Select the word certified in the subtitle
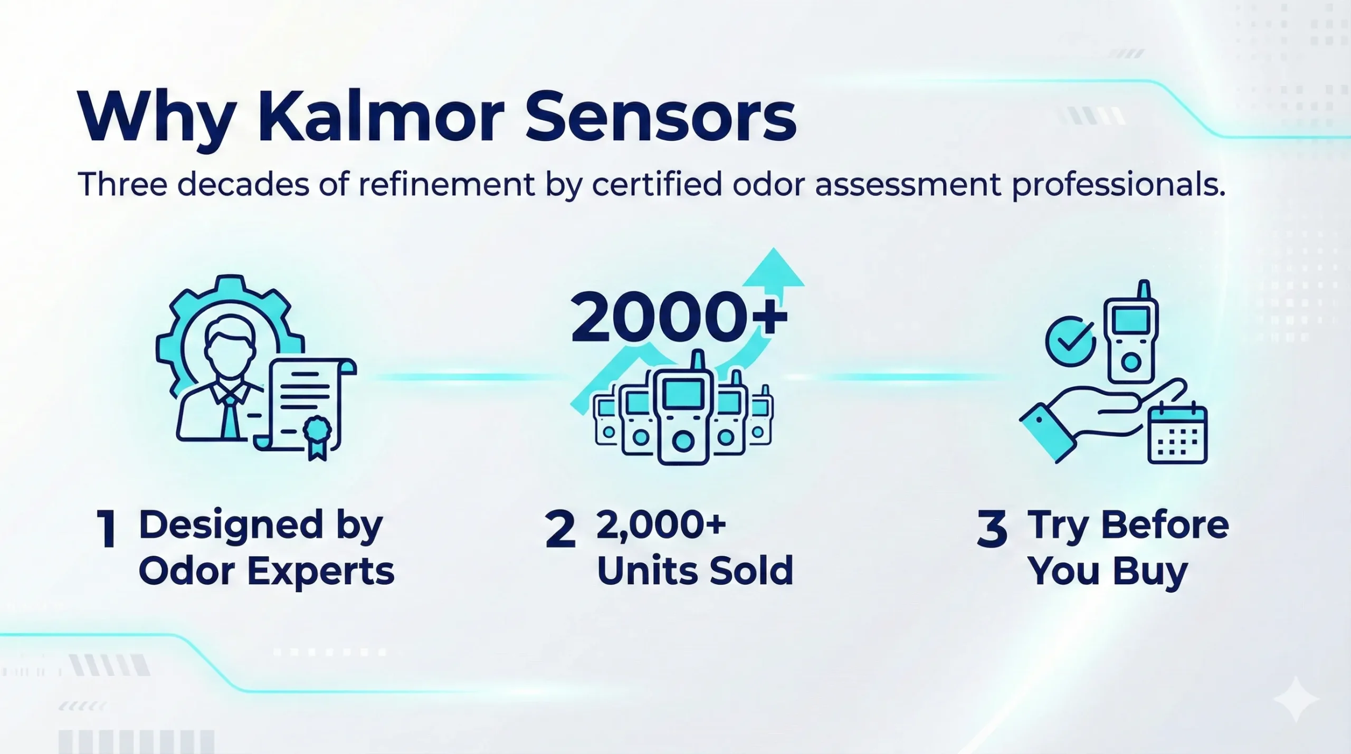(x=657, y=185)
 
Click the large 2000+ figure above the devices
(x=679, y=318)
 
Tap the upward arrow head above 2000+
(x=774, y=269)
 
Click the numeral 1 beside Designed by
(x=108, y=529)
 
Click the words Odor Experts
(x=267, y=571)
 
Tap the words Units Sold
(x=695, y=571)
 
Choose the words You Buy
(x=1108, y=571)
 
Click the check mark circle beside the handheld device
(x=1070, y=340)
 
